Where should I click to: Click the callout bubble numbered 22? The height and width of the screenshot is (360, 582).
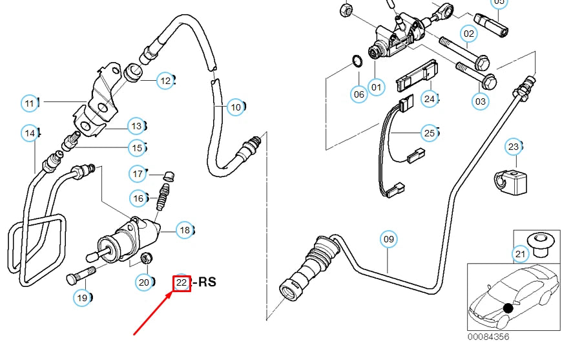click(182, 282)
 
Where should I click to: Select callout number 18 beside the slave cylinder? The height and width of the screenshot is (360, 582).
click(185, 230)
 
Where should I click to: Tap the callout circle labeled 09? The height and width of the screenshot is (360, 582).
click(388, 240)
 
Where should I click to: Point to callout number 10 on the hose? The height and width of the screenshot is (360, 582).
click(236, 107)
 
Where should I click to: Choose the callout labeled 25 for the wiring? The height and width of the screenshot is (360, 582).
click(430, 133)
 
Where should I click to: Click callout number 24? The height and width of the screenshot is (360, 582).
click(430, 99)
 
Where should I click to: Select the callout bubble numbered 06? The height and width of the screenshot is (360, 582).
click(359, 94)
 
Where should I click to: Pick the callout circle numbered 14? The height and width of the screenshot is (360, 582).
click(30, 133)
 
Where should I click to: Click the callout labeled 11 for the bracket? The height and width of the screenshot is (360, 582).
click(30, 103)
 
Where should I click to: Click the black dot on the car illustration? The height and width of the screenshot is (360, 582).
click(508, 308)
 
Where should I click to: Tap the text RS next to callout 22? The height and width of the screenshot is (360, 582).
click(206, 282)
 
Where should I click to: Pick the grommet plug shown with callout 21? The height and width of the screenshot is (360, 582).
click(538, 240)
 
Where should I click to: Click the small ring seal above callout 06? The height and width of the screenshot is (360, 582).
click(355, 62)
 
